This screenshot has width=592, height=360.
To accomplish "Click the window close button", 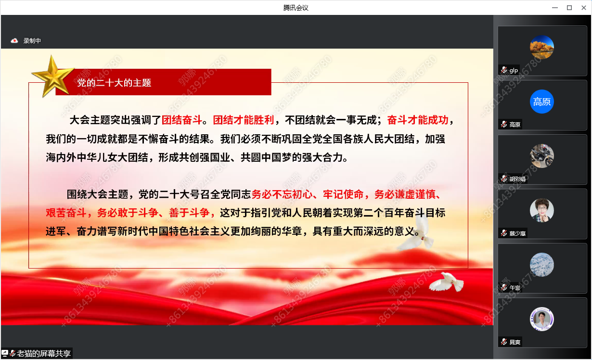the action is pos(583,8).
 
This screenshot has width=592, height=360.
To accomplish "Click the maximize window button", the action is pos(569,8).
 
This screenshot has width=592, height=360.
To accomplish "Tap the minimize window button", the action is pos(555,8).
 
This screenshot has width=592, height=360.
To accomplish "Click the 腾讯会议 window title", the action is pos(296,8).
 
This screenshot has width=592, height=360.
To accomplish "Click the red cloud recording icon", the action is pos(14,41).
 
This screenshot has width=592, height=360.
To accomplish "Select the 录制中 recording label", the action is pos(32,41).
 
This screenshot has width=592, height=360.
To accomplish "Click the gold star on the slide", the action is pos(53,76).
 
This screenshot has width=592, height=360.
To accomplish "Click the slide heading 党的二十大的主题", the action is pos(114,83).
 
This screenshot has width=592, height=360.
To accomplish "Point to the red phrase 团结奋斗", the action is pos(182,120).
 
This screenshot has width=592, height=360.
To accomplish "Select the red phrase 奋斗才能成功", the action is pos(418,120).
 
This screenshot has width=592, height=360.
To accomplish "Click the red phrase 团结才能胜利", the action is pos(244,120).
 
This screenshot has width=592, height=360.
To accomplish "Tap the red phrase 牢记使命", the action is pos(343,194).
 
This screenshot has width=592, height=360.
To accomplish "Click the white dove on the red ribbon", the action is pos(446,283).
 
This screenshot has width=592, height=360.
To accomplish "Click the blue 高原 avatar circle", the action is pos(542,102).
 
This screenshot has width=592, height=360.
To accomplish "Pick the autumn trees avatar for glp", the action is pos(542,47).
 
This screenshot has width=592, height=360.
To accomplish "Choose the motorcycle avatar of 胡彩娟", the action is pos(542,156).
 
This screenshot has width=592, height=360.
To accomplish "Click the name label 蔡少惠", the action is pos(517,233).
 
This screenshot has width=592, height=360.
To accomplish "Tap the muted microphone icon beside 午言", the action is pos(504,288).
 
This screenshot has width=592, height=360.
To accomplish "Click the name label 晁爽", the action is pos(515,342).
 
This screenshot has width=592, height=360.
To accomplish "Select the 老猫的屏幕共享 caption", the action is pos(44,353).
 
